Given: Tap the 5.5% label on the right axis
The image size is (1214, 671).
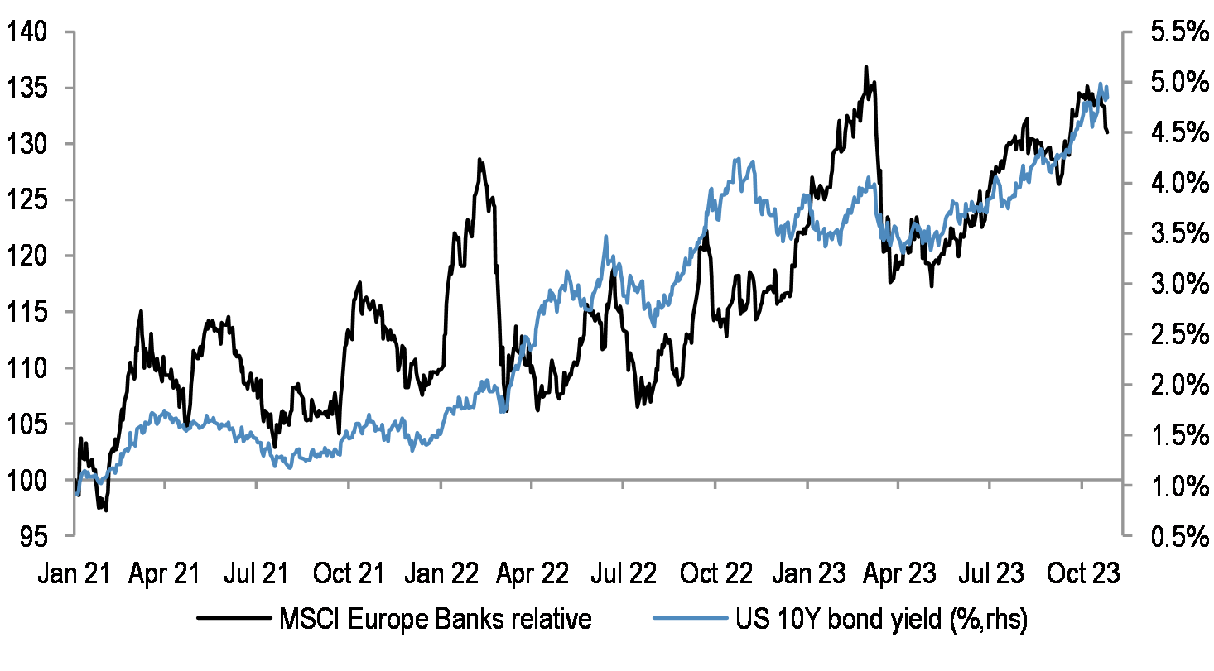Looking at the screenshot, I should [1173, 32].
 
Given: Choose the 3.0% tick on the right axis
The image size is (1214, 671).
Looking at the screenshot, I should [1173, 285].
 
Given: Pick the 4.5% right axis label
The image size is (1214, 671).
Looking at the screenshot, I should [1173, 133].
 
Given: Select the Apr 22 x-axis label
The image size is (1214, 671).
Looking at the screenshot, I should [532, 573].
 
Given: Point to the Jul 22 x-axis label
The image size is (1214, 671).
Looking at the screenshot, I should [624, 573].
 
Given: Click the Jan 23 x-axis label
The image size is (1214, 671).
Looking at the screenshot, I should [807, 573].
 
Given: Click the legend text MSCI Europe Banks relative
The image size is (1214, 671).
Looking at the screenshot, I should [436, 620].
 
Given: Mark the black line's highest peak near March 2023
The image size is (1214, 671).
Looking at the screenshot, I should [865, 67].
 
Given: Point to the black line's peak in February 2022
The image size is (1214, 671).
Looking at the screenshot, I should [479, 160].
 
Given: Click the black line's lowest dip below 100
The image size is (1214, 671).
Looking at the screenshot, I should [105, 510].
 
